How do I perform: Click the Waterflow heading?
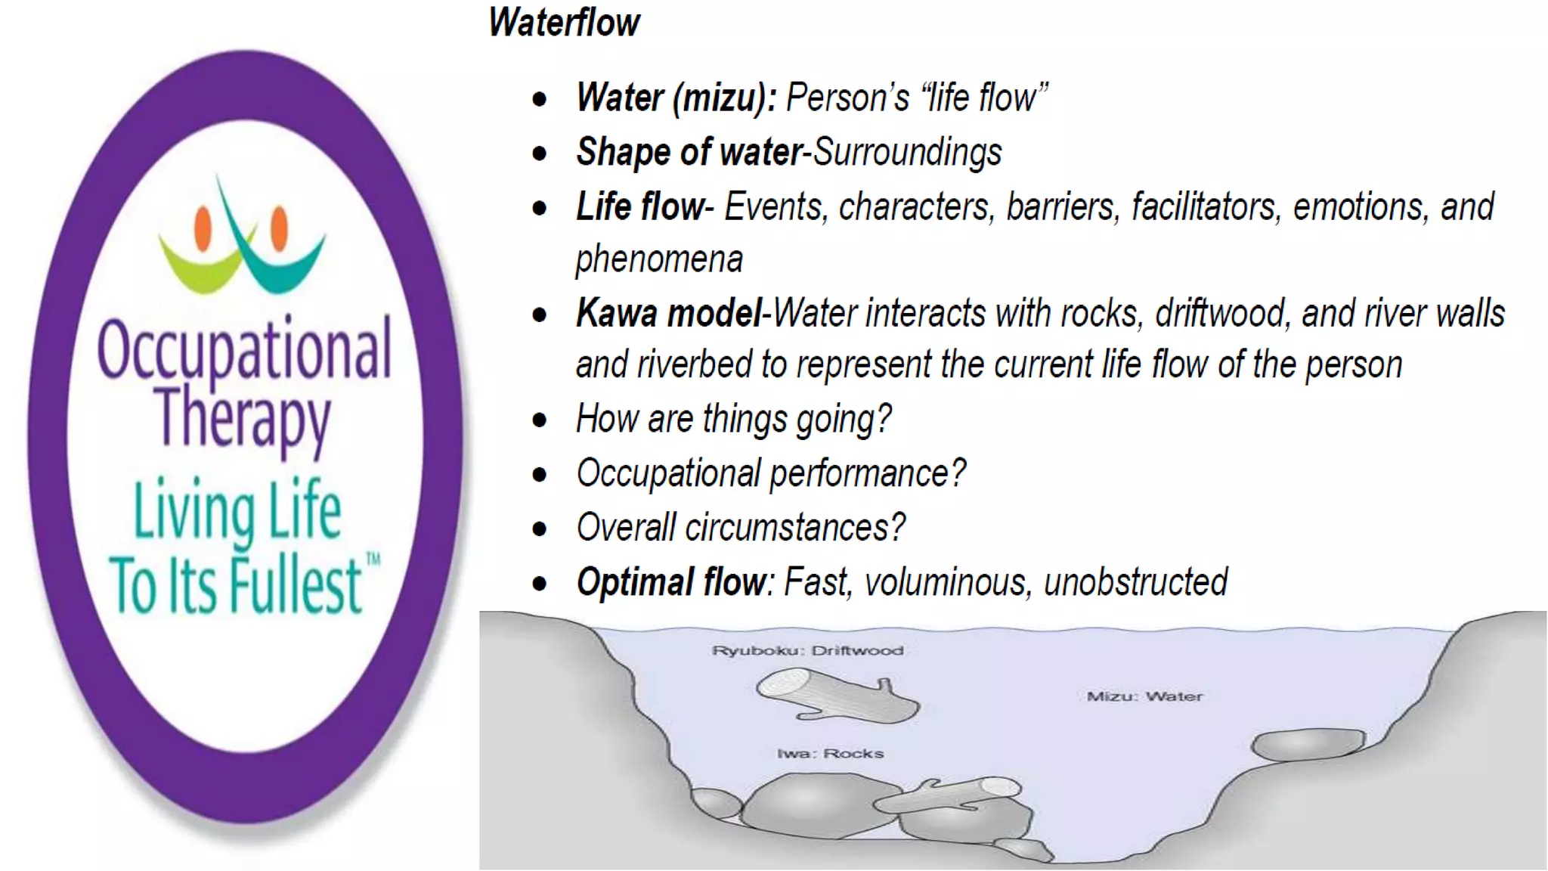click(x=564, y=22)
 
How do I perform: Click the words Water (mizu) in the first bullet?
click(x=675, y=98)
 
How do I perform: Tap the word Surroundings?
click(x=908, y=152)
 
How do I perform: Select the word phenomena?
click(x=659, y=259)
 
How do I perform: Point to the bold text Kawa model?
click(x=668, y=313)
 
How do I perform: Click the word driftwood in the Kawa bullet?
click(x=1222, y=313)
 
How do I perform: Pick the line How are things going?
click(x=733, y=419)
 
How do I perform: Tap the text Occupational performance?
click(x=771, y=473)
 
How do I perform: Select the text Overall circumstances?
click(x=741, y=528)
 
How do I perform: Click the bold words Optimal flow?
click(x=671, y=582)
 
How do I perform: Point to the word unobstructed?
click(x=1135, y=582)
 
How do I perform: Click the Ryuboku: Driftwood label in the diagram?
click(x=807, y=650)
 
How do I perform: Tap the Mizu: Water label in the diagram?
click(x=1144, y=696)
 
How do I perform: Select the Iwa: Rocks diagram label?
click(x=830, y=753)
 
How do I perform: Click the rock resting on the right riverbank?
click(x=1308, y=744)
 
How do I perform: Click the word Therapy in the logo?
click(x=243, y=418)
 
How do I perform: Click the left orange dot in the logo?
click(x=203, y=228)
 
